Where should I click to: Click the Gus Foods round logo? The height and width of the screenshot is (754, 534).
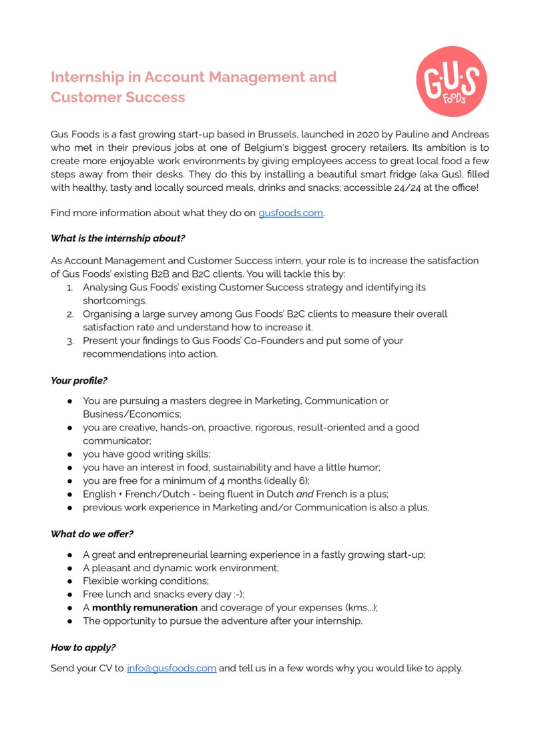(x=451, y=81)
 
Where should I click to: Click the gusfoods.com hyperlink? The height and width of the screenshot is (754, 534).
(x=290, y=214)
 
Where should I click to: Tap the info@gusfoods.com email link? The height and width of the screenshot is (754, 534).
(x=172, y=668)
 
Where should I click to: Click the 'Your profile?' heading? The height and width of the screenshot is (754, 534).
(x=79, y=381)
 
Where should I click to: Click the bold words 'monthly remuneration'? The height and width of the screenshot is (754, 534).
(x=145, y=607)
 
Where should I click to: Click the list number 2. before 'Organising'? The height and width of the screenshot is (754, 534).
(x=70, y=314)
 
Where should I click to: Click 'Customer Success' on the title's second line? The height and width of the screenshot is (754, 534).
(x=118, y=97)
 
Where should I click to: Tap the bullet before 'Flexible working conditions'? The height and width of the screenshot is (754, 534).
(x=69, y=581)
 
